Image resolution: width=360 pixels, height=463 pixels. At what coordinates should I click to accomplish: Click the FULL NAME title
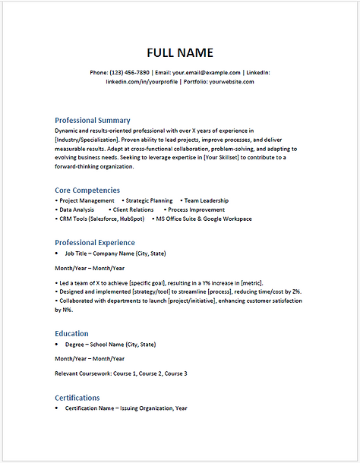pyautogui.click(x=179, y=52)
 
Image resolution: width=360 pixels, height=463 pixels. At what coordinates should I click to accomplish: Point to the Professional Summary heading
pyautogui.click(x=92, y=120)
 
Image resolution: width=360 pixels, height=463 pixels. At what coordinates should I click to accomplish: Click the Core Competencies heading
pyautogui.click(x=87, y=190)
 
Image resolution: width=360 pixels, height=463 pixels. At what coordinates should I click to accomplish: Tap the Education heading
pyautogui.click(x=71, y=333)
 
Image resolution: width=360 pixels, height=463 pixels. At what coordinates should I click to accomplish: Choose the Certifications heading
pyautogui.click(x=77, y=398)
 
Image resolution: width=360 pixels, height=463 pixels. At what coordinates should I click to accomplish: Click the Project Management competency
pyautogui.click(x=87, y=200)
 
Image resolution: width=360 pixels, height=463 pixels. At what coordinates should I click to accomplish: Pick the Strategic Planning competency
pyautogui.click(x=149, y=200)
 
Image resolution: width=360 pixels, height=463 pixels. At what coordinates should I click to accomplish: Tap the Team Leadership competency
pyautogui.click(x=207, y=200)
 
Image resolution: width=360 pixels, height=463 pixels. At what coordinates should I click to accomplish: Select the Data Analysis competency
pyautogui.click(x=77, y=209)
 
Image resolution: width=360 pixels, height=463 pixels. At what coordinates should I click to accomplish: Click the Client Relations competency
pyautogui.click(x=133, y=209)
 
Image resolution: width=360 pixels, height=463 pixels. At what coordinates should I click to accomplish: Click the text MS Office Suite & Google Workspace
pyautogui.click(x=204, y=219)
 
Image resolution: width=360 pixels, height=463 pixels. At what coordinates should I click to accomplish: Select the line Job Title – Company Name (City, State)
pyautogui.click(x=115, y=253)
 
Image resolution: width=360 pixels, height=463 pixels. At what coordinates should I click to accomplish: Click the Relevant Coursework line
pyautogui.click(x=121, y=373)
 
